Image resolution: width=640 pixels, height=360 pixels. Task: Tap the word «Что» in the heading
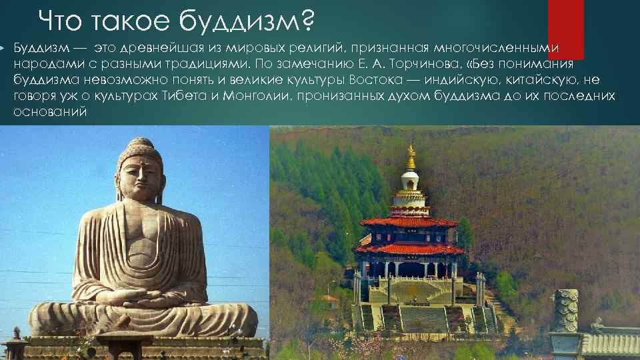click(61, 23)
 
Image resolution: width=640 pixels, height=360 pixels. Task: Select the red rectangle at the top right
click(565, 27)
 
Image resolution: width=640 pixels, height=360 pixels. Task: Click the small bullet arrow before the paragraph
click(3, 49)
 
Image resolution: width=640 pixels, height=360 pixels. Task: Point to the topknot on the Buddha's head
click(140, 143)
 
